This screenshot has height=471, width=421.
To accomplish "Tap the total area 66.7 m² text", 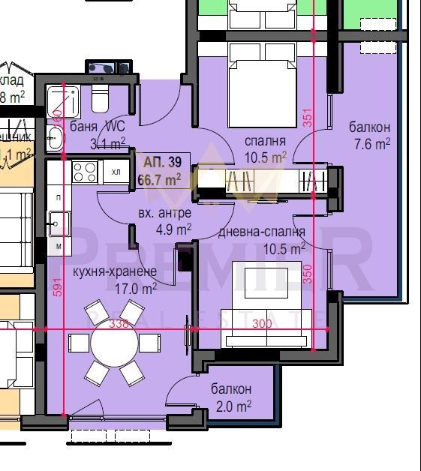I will tap(160, 180).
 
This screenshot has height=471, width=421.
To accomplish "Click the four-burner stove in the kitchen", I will tap(85, 172).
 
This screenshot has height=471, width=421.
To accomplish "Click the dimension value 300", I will tap(261, 324).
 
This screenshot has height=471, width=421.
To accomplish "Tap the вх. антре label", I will tap(160, 214).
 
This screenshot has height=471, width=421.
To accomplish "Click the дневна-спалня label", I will tap(261, 232).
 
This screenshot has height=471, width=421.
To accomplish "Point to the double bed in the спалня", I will tap(260, 83).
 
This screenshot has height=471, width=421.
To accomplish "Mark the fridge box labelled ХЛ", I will tap(116, 172).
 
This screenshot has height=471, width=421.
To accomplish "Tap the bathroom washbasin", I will tap(55, 137).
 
